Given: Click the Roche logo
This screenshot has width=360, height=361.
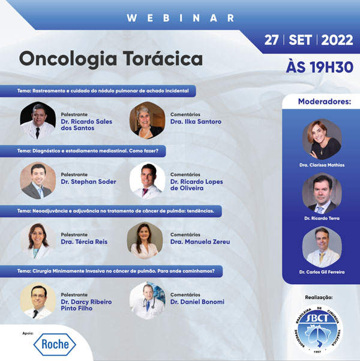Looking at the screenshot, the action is click(55, 344).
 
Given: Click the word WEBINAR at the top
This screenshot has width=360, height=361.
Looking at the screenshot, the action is click(181, 18).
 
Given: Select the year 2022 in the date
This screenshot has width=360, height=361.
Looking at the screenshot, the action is click(337, 40).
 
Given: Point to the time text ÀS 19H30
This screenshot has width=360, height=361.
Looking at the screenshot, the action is click(320, 67).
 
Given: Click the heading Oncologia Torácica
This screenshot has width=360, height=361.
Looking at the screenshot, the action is click(111, 59).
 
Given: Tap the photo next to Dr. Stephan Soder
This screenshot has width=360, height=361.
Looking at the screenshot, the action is click(38, 180).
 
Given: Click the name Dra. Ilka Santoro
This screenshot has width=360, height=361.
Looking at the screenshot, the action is click(196, 121).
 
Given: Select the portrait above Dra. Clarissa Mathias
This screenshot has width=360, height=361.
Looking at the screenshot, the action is click(322, 139).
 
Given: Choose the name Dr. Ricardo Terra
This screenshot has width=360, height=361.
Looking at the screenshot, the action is click(322, 218).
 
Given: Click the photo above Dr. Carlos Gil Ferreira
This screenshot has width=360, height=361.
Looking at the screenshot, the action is click(322, 247).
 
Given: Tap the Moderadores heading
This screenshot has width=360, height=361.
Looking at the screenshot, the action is click(325, 102).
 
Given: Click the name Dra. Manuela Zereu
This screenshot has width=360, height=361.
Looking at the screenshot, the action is click(200, 241).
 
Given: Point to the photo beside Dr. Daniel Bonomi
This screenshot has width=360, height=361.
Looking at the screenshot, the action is click(148, 301).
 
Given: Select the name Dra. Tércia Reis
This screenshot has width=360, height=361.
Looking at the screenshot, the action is click(84, 241).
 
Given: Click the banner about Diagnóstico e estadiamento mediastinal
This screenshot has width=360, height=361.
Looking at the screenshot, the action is click(83, 151).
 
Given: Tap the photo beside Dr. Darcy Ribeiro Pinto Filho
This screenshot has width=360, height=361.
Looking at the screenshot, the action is click(38, 301).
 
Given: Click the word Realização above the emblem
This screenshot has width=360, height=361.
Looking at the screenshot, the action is click(319, 297).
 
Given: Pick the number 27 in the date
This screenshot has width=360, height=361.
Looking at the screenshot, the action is click(271, 40).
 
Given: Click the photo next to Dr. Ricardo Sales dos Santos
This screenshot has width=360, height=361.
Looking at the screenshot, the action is click(38, 120).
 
